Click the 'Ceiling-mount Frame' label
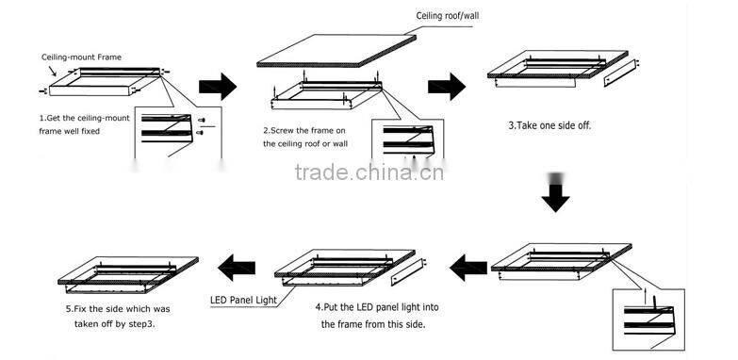(81, 57)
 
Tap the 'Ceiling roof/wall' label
(448, 16)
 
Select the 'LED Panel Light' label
(243, 301)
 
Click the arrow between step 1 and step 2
(218, 87)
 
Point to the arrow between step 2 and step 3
(447, 87)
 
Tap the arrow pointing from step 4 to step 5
(237, 268)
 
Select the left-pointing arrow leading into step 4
(468, 268)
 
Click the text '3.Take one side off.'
(549, 126)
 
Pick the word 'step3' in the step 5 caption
(141, 324)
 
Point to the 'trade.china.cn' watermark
(369, 172)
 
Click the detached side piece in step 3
(621, 73)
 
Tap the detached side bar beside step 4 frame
(408, 272)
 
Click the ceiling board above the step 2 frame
(336, 50)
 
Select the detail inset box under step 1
(178, 132)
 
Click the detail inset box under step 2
(407, 139)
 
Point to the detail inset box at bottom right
(648, 319)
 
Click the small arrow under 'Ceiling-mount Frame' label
(52, 71)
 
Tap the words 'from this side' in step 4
(397, 324)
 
